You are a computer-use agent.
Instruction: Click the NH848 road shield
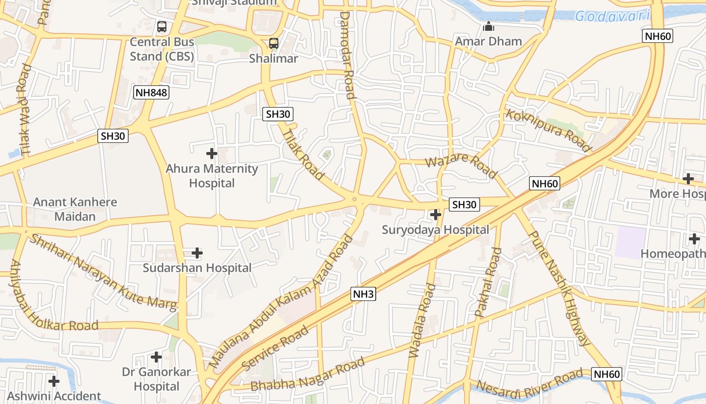pos(151,92)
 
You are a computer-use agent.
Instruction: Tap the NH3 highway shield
pos(363,294)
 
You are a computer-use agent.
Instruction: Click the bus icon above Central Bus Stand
pos(161,27)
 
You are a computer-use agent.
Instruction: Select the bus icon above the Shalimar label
pos(273,43)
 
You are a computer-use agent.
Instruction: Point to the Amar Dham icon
pos(488,26)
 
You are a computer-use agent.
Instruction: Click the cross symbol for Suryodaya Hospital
pos(435,215)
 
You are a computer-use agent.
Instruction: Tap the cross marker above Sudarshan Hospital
pos(197,252)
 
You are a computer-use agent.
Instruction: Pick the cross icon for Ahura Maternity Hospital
pos(212,153)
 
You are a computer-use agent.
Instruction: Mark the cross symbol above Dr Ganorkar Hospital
pos(156,357)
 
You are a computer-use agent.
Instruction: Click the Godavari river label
pos(612,16)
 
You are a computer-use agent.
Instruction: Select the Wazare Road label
pos(461,166)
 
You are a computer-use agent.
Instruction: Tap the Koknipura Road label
pos(548,130)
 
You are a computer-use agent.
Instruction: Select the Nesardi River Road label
pos(529,383)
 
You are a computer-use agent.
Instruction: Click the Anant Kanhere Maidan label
pos(75,209)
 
